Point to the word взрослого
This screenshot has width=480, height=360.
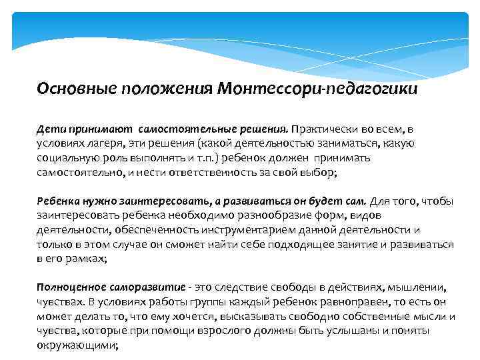217,331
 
